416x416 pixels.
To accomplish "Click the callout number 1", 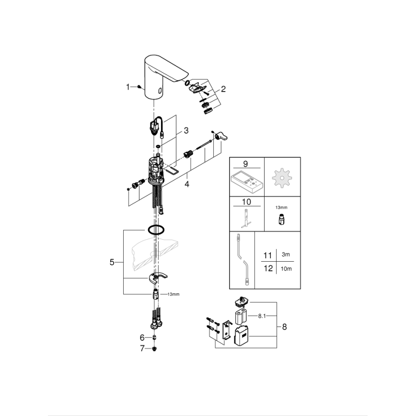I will point(128,87).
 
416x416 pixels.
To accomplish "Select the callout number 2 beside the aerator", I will point(223,89).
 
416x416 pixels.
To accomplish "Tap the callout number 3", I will point(186,130).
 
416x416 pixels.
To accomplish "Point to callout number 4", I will point(186,183).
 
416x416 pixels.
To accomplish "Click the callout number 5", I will point(112,262).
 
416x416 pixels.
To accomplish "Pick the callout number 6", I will point(141,337).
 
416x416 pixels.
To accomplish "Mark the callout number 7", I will point(141,348).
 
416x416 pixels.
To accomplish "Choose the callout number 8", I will point(284,327).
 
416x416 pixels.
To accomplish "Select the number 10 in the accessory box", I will point(247,202).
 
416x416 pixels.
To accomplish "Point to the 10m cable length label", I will point(286,269).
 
